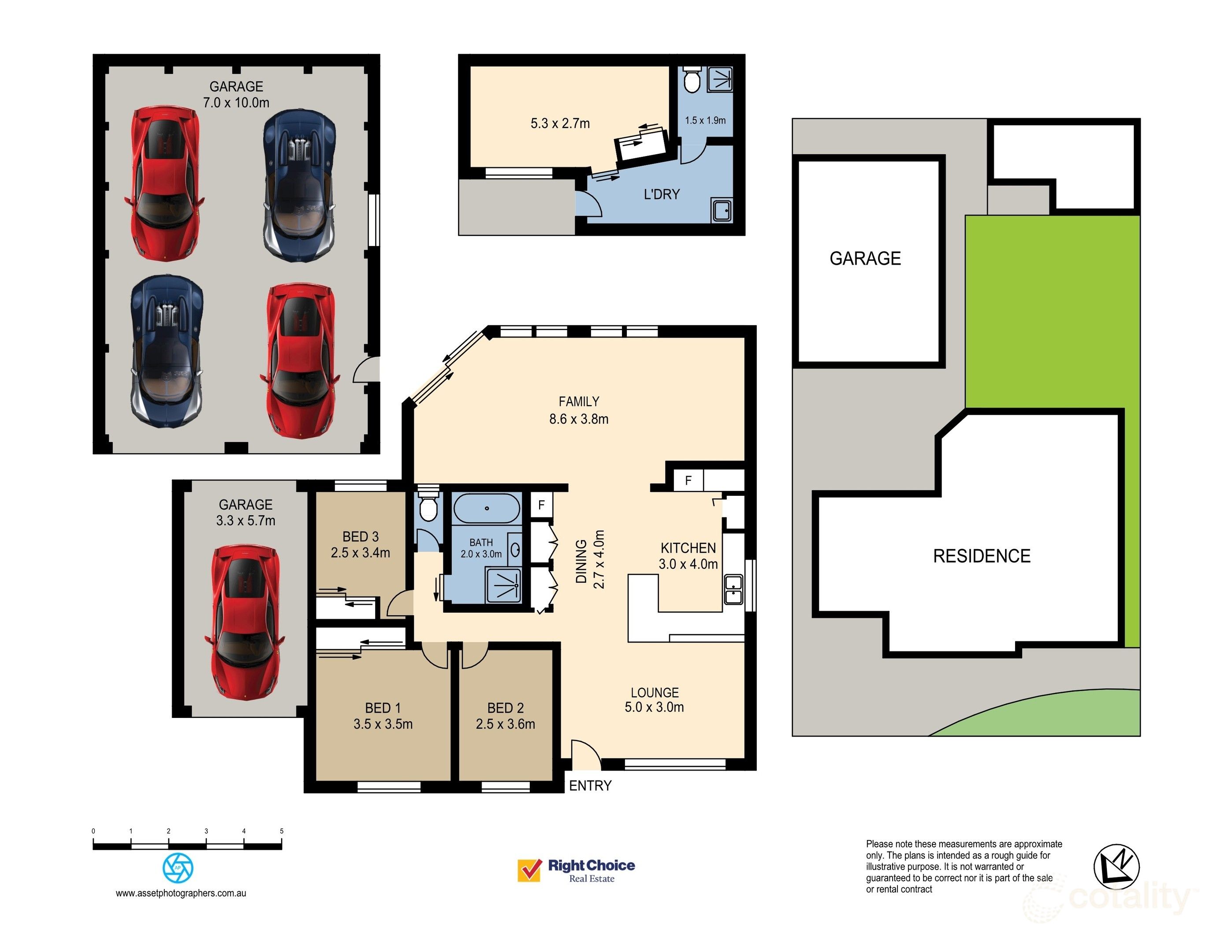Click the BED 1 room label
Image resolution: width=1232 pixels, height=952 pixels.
pos(383,708)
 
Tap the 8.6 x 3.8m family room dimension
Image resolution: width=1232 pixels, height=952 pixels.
pos(579,419)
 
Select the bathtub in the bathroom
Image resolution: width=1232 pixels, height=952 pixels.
pos(487,509)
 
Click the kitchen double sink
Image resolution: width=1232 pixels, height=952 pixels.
pos(733,589)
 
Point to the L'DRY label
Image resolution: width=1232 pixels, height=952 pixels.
pos(662,194)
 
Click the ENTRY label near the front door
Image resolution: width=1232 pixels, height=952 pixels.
pos(590,786)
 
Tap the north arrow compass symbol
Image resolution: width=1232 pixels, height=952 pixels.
pos(1117,867)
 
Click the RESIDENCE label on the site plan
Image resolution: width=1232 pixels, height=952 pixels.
pos(982,556)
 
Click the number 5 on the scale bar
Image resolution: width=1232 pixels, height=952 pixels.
pos(282,831)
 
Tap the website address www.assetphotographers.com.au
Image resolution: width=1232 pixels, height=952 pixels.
pos(181,893)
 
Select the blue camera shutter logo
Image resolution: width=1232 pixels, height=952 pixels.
pos(178,867)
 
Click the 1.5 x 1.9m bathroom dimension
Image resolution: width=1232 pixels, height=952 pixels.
pos(705,120)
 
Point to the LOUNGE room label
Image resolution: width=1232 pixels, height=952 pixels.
pos(655,692)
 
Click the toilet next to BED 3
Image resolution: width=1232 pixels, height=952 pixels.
pos(429,504)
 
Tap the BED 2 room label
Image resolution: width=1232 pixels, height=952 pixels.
pos(506,708)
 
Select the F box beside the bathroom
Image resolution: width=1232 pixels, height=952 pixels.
pos(541,505)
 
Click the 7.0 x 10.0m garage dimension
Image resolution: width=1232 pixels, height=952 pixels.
pos(236,103)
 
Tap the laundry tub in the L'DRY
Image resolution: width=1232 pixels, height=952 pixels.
pos(722,210)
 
